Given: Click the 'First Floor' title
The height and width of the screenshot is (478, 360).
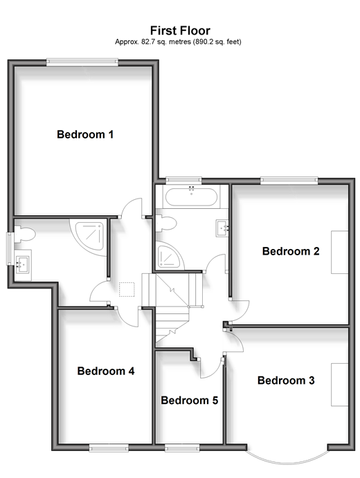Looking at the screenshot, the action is coord(180,30).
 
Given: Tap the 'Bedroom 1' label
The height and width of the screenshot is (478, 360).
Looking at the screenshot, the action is coord(85,134).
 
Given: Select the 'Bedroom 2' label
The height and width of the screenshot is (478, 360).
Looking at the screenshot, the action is coord(291,251).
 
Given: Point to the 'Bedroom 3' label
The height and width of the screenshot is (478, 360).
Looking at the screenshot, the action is coord(286,380).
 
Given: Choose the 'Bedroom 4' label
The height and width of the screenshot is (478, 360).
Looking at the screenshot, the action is coord(105,371).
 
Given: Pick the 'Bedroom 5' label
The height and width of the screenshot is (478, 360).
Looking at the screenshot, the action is coord(190,401).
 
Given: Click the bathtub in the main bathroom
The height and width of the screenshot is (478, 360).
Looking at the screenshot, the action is coord(191,196).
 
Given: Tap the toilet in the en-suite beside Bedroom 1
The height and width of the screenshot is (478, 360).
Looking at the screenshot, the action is coord(24,235).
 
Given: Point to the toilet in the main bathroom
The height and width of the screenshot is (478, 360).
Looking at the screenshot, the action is coord(165,223).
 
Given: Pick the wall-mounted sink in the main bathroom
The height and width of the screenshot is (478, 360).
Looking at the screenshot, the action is coord(222,228).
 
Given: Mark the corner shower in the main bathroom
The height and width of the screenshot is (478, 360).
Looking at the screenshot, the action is coord(168,256).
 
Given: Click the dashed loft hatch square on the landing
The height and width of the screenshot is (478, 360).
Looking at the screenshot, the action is coord(127,290).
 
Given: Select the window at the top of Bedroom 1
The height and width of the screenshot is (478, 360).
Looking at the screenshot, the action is coord(82,62).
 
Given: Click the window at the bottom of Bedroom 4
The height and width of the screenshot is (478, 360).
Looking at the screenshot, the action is coord(109,448).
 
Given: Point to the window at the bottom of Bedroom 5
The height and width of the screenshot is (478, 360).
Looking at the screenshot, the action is coord(182,448).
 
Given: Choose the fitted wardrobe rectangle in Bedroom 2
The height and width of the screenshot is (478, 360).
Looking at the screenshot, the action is coord(340,252).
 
